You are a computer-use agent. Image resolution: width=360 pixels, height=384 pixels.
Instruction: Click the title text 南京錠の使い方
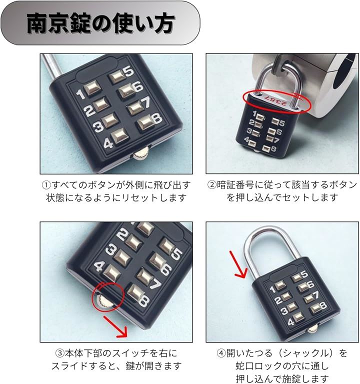[x=100, y=23]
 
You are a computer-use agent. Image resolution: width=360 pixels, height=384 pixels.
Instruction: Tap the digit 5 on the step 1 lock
[x=128, y=71]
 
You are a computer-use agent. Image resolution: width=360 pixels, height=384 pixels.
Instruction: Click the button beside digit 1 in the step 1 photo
[x=92, y=88]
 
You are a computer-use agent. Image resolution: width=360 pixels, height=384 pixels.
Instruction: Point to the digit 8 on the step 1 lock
[x=157, y=119]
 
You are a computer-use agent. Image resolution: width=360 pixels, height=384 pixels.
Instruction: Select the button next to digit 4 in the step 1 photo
[x=120, y=136]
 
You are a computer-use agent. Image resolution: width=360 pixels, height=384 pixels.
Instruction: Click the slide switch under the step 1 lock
[x=141, y=154]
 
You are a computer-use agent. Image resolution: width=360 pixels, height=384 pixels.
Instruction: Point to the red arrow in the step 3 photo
[x=115, y=327]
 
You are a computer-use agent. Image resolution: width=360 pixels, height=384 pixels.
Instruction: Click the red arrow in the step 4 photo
[x=238, y=264]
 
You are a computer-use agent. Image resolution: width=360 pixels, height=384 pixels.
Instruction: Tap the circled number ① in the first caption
[x=46, y=185]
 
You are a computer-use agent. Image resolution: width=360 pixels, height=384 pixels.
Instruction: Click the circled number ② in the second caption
[x=212, y=185]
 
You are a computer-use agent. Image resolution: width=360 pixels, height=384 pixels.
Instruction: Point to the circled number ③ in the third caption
[x=60, y=353]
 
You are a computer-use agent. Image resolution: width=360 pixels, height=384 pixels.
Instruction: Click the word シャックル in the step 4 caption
[x=303, y=353]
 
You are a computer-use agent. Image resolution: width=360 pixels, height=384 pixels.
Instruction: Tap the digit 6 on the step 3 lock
[x=166, y=269]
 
